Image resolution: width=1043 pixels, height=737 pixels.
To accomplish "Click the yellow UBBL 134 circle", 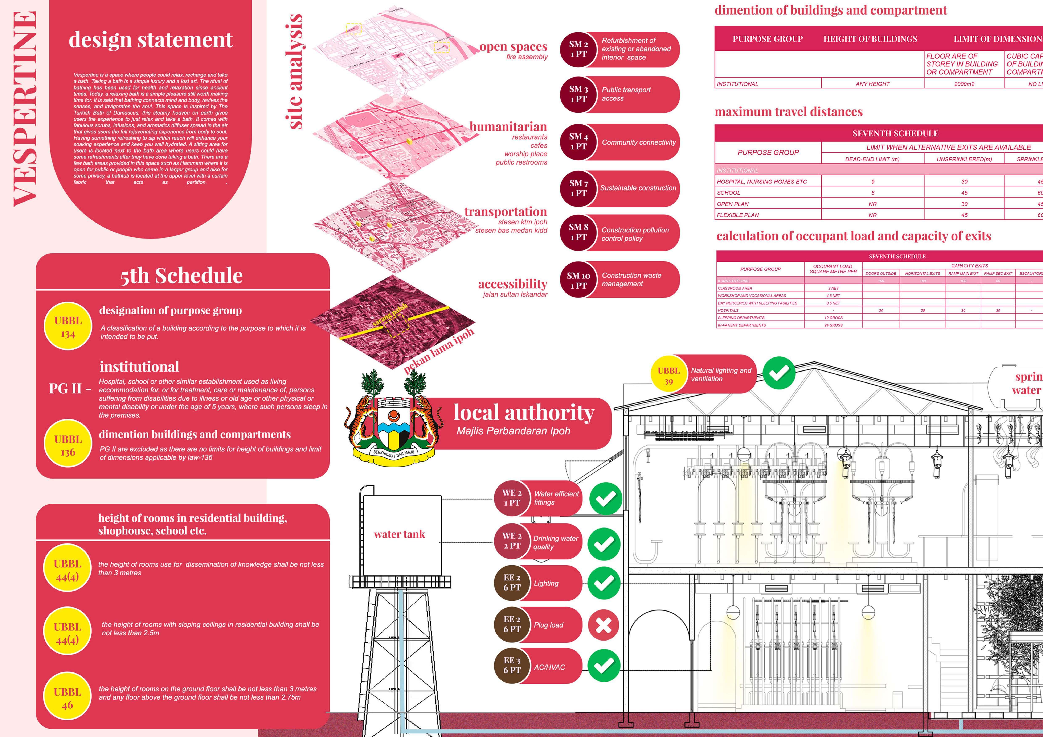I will point(68,327).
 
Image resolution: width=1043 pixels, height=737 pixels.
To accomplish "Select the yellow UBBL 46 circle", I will point(67,698).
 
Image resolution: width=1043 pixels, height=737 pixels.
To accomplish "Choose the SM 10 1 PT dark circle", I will point(578,280).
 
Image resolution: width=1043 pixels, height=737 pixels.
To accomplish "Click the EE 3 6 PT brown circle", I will point(511,665).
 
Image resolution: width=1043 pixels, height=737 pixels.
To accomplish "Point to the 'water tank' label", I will point(399,534).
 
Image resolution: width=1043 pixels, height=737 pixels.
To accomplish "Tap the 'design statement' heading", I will point(150,40).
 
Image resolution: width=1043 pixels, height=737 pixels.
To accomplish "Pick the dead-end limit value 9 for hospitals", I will point(872,182).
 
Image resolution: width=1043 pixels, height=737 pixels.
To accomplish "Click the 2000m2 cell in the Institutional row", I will point(964,84).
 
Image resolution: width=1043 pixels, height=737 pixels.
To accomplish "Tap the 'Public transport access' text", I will point(626,94).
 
